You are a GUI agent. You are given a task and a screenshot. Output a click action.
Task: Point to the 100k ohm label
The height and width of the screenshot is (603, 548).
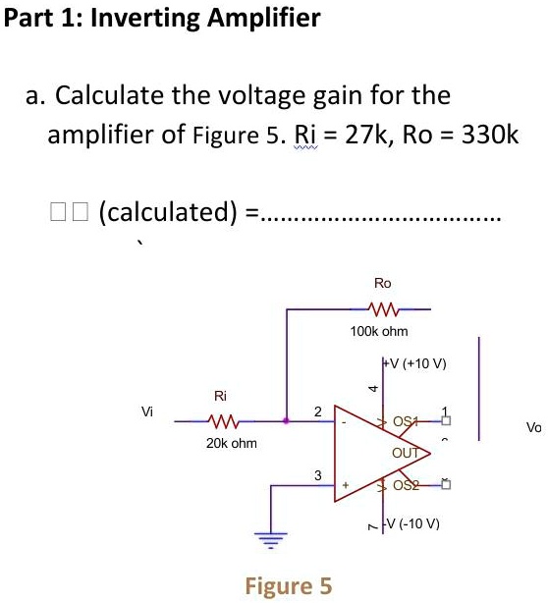pyautogui.click(x=378, y=332)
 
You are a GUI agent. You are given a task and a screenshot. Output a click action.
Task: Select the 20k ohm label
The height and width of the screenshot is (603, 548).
pyautogui.click(x=233, y=444)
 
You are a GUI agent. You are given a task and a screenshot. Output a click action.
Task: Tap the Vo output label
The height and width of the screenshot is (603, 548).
pyautogui.click(x=533, y=427)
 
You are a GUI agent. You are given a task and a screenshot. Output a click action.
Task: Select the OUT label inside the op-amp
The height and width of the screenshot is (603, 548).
pyautogui.click(x=405, y=454)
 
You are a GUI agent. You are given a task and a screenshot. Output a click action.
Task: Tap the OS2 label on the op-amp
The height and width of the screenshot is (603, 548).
pyautogui.click(x=405, y=485)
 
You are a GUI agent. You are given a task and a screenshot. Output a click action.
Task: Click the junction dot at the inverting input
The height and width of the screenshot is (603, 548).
pyautogui.click(x=286, y=421)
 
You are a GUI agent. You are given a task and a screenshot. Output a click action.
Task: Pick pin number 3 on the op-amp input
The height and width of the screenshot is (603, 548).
pyautogui.click(x=316, y=475)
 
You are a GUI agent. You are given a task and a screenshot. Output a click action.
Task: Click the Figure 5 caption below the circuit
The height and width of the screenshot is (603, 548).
pyautogui.click(x=288, y=586)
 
